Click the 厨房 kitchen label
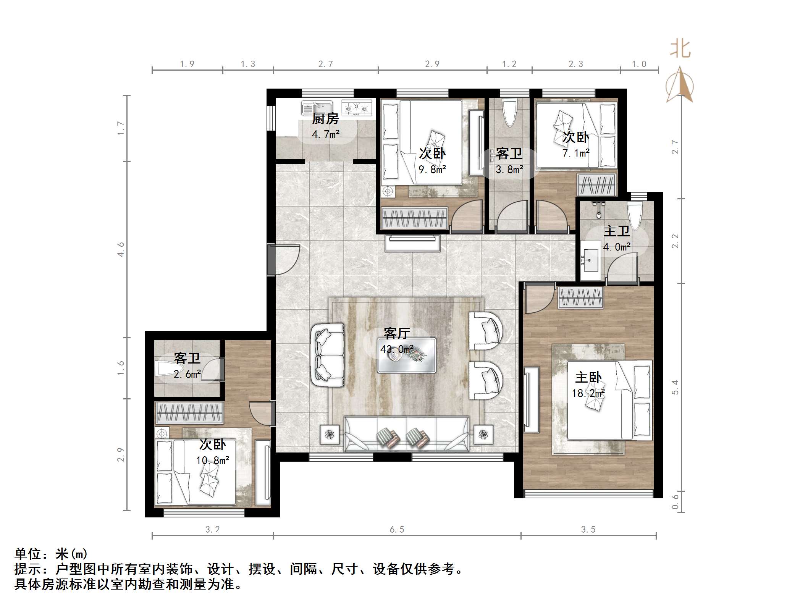tap(325, 119)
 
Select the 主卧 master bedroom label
tap(588, 378)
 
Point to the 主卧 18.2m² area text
tap(588, 393)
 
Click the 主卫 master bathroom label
tap(617, 231)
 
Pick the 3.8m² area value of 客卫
tap(509, 170)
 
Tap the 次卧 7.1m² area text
tap(576, 153)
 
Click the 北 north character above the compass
tap(680, 50)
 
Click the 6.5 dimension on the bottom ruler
tap(397, 530)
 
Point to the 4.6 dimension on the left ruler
tap(121, 249)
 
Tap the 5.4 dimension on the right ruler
tap(675, 387)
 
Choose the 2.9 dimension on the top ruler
tap(432, 64)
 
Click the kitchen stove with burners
tap(357, 108)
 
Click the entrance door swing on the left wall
tap(286, 260)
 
